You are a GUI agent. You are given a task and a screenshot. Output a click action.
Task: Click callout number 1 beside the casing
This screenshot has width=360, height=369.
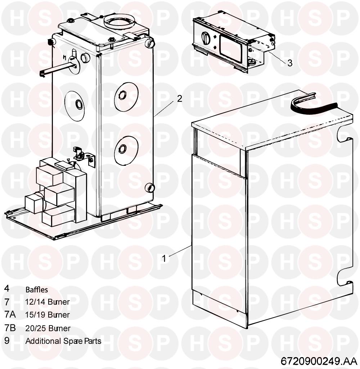click(164, 259)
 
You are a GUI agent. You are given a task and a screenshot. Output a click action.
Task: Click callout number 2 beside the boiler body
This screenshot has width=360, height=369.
click(180, 99)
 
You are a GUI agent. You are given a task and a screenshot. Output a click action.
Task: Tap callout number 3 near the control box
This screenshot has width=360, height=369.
click(290, 63)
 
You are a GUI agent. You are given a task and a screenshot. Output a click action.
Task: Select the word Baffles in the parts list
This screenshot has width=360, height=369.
click(36, 290)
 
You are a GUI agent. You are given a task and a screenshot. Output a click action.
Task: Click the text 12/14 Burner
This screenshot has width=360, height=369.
click(48, 302)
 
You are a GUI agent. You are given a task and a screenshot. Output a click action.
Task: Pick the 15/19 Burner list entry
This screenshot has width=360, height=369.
click(48, 315)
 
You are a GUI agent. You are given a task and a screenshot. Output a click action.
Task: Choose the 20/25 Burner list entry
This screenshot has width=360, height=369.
click(48, 328)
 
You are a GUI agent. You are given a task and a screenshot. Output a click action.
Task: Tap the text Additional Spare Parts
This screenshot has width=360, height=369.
click(63, 341)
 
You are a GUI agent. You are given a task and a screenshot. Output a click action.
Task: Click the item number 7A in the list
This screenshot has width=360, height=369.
click(10, 314)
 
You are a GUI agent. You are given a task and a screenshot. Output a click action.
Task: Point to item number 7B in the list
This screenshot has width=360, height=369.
click(10, 328)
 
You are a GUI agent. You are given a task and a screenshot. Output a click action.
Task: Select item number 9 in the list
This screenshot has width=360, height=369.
click(7, 341)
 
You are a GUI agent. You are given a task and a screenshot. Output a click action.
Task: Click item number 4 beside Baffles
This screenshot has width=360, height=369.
click(7, 288)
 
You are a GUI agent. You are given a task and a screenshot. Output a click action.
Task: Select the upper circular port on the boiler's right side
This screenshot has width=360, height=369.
click(122, 95)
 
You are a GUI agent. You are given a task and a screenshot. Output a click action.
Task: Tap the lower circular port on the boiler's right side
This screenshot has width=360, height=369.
click(122, 149)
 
